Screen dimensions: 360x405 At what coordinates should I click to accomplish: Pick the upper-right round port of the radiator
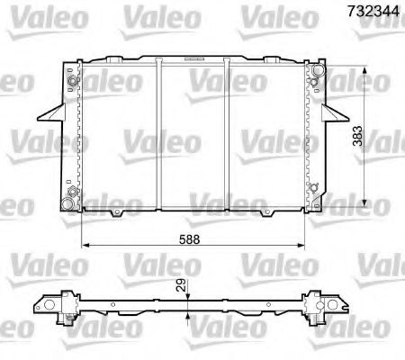pyautogui.click(x=314, y=82)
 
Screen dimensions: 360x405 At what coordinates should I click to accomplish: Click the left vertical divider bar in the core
pyautogui.click(x=159, y=135)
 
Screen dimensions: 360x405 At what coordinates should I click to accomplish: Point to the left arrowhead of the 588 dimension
pyautogui.click(x=85, y=244)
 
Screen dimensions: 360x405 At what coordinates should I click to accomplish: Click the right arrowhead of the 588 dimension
pyautogui.click(x=304, y=244)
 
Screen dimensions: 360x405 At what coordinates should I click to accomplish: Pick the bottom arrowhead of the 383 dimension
pyautogui.click(x=364, y=202)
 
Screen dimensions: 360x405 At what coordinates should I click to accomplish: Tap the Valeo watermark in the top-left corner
pyautogui.click(x=33, y=13)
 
